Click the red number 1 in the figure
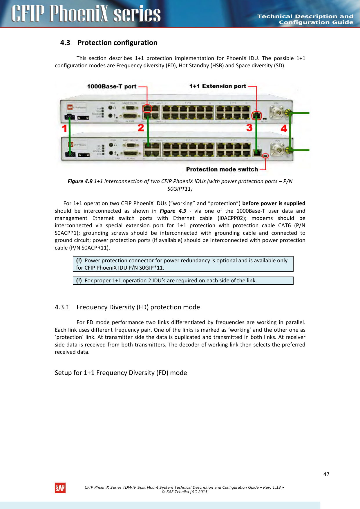point(64,128)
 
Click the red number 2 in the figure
point(141,128)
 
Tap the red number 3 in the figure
point(249,128)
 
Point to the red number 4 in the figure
point(284,128)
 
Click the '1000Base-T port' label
point(112,86)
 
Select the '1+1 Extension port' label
point(218,86)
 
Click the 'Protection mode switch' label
point(222,169)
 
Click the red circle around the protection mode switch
point(265,156)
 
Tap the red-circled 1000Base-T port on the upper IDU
point(147,109)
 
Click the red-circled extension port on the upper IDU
point(256,115)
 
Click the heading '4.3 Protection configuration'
point(109,43)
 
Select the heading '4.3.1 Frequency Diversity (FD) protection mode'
point(127,307)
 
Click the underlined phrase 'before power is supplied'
point(274,203)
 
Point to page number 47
point(326,474)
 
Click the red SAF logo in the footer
point(60,488)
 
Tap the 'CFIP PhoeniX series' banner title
point(86,14)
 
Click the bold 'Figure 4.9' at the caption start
point(80,181)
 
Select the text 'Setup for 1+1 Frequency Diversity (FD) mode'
point(121,373)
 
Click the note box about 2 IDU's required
point(183,281)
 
